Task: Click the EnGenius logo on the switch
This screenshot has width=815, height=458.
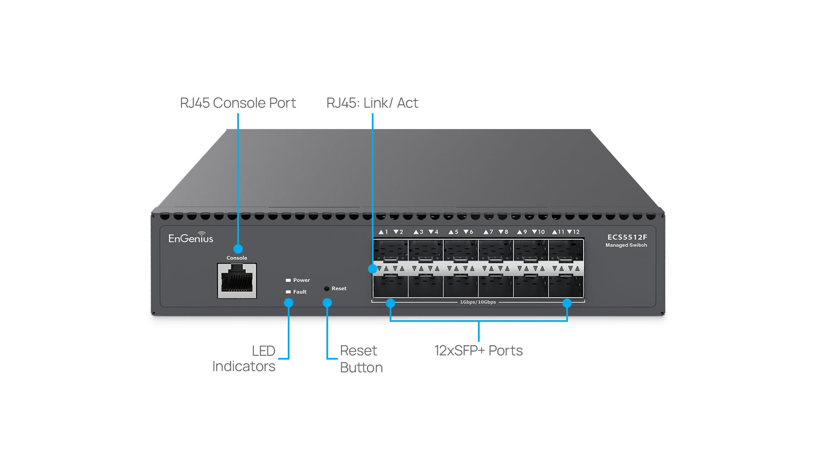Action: click(191, 238)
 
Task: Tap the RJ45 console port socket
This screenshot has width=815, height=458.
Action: click(237, 280)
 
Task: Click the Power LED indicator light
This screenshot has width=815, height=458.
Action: click(288, 280)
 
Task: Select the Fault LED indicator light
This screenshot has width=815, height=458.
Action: click(288, 292)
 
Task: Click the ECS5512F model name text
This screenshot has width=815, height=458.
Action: click(627, 237)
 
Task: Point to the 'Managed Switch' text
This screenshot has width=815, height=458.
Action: click(626, 245)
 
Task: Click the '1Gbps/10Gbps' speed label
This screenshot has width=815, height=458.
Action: click(478, 302)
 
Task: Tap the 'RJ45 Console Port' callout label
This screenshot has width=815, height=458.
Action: click(238, 103)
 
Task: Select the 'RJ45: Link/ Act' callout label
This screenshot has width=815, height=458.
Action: click(372, 103)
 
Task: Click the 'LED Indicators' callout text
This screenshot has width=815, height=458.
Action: click(244, 358)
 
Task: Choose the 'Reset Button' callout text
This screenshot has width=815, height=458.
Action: click(361, 359)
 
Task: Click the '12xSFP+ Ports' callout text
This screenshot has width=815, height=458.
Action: click(478, 351)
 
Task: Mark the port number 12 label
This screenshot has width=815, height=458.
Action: click(576, 232)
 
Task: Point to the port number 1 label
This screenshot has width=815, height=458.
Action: click(386, 232)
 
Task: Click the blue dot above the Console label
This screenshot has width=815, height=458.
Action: click(238, 249)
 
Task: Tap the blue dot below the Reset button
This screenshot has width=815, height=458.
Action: click(327, 303)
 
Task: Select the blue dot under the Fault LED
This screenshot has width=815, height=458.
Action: click(289, 303)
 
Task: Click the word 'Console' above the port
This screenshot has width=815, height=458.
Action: click(236, 258)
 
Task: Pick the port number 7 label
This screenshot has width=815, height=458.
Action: click(491, 232)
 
